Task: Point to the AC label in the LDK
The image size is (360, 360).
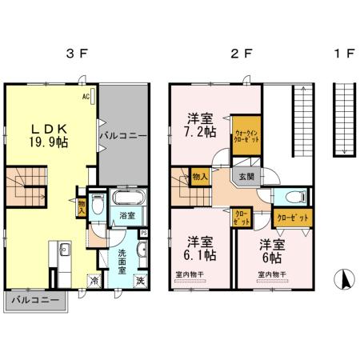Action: [85, 97]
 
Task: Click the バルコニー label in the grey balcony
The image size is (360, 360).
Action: [122, 137]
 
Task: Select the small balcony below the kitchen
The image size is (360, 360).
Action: [35, 302]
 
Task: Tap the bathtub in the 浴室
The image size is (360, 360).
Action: [126, 198]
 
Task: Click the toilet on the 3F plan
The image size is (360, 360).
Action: [98, 206]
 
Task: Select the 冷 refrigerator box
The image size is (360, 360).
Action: [94, 281]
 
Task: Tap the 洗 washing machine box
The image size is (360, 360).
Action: [138, 281]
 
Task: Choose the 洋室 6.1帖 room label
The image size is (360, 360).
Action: [200, 248]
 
